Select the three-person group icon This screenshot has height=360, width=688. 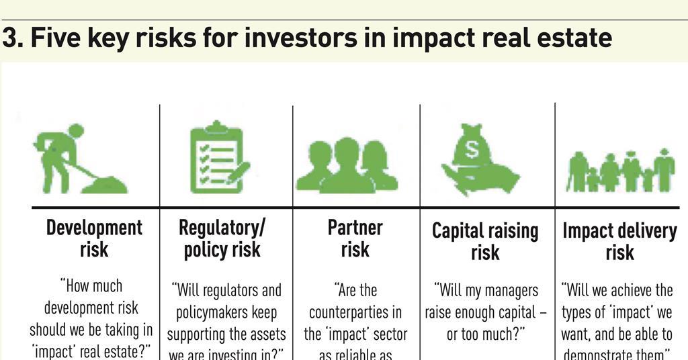(347, 165)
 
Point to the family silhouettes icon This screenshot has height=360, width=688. (619, 171)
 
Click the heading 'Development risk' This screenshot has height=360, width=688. (94, 238)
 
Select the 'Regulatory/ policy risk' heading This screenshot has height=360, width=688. (222, 238)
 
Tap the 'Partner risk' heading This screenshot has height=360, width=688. (355, 238)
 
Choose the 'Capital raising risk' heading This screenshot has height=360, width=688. (485, 240)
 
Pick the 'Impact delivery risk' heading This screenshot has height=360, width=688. (619, 240)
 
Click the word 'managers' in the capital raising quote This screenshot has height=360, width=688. (507, 291)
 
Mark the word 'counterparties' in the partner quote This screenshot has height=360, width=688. (355, 312)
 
